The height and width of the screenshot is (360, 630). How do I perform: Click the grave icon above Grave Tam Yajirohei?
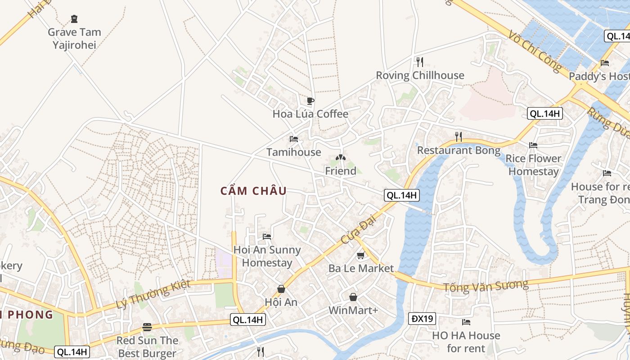click(x=74, y=19)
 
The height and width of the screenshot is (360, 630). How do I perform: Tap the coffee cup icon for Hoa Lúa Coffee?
click(x=310, y=101)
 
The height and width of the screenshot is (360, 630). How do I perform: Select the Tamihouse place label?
click(x=294, y=152)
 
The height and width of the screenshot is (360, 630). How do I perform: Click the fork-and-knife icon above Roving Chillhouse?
click(x=419, y=62)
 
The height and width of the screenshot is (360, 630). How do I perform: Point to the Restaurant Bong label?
click(x=459, y=150)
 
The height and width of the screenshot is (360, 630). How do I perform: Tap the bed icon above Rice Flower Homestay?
click(x=533, y=145)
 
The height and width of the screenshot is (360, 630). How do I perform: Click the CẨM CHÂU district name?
click(x=253, y=191)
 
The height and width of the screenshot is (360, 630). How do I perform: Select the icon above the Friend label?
click(x=341, y=158)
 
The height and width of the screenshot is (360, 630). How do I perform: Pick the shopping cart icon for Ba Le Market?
click(x=360, y=256)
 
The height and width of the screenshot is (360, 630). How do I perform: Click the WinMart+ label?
click(x=353, y=310)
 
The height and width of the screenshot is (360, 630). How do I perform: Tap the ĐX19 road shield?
click(x=423, y=319)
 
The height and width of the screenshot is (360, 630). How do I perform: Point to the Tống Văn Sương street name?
click(x=486, y=286)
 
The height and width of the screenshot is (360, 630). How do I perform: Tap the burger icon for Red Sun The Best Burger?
click(x=147, y=327)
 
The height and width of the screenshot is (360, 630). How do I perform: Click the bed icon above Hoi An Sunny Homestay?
click(x=267, y=236)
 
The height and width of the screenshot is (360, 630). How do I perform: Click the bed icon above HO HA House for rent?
click(x=466, y=322)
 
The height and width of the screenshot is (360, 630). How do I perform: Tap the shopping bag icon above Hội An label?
click(x=281, y=289)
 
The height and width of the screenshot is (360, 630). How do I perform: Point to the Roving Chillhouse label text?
click(x=420, y=75)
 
